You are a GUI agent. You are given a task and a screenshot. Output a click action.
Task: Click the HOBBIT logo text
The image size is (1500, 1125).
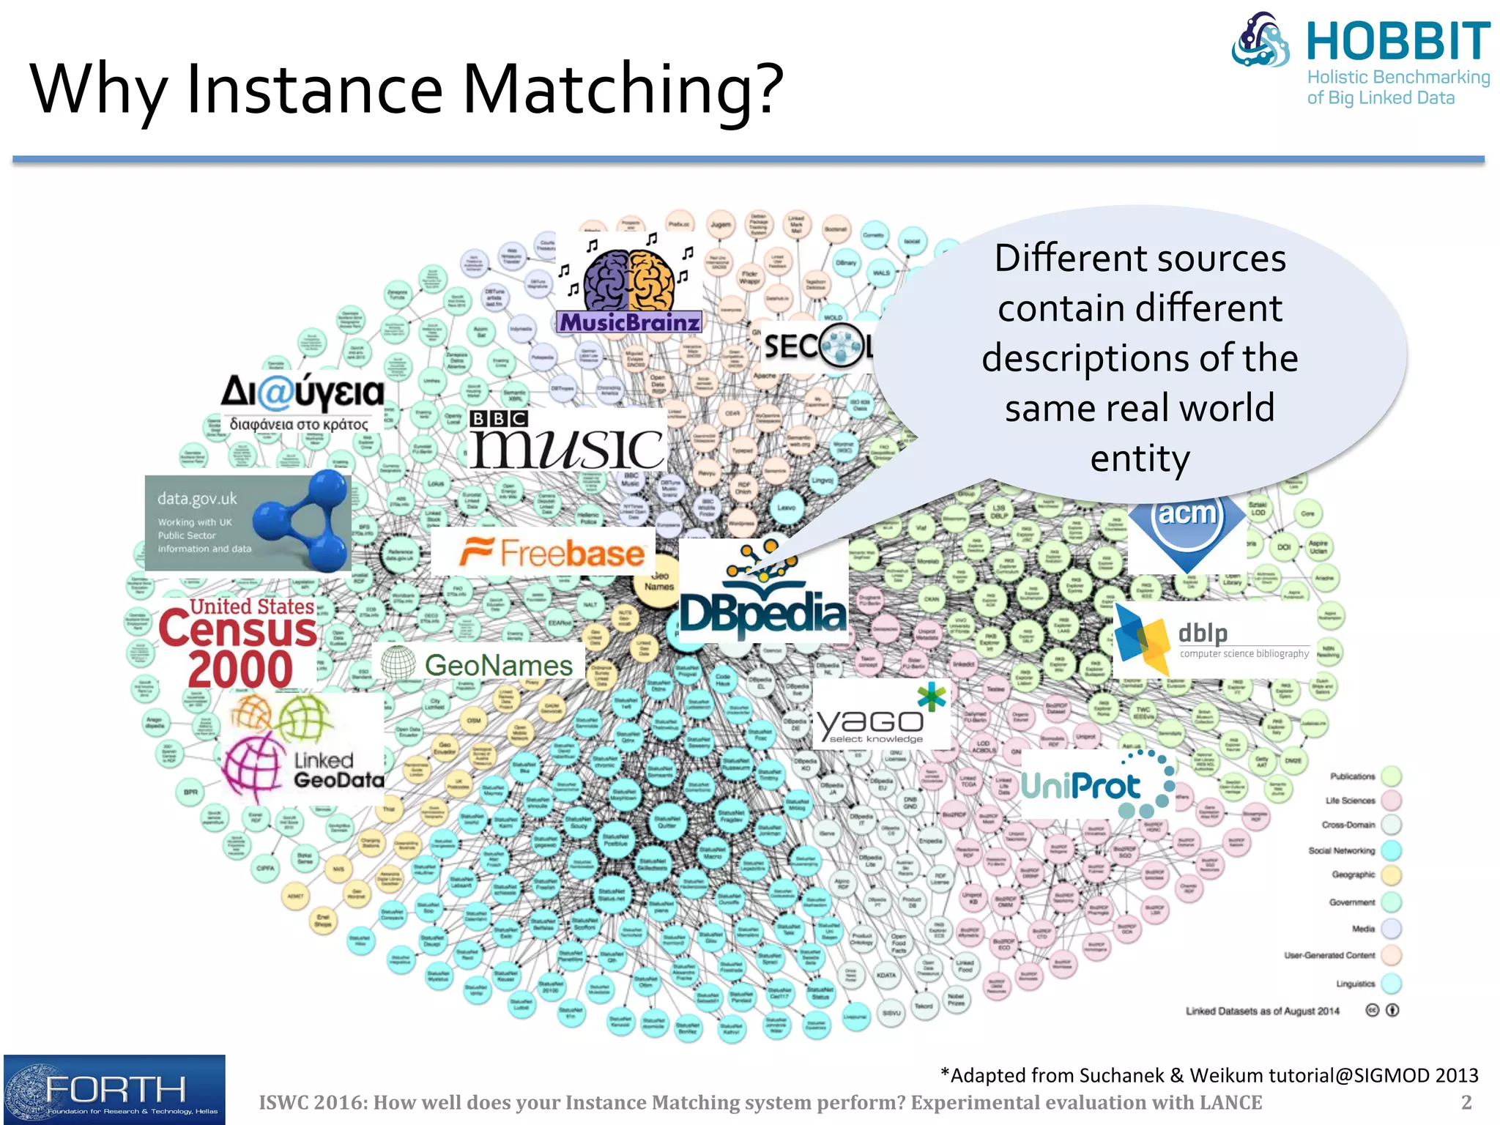pyautogui.click(x=1397, y=42)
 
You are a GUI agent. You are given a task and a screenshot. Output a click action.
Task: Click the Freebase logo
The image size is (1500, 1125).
pyautogui.click(x=552, y=552)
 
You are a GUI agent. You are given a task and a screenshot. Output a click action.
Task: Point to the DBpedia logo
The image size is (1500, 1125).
pyautogui.click(x=762, y=593)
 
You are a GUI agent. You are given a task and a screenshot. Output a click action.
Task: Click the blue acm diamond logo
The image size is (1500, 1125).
pyautogui.click(x=1187, y=520)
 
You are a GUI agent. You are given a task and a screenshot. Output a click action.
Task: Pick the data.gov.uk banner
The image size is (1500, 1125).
pyautogui.click(x=248, y=523)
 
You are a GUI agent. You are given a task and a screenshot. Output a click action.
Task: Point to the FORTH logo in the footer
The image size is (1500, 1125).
pyautogui.click(x=114, y=1090)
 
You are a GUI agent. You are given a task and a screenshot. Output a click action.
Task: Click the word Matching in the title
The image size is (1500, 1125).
pyautogui.click(x=623, y=89)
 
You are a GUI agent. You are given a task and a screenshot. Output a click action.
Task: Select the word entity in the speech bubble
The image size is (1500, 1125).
pyautogui.click(x=1140, y=459)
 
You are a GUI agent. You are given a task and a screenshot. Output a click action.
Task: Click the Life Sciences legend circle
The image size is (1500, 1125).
pyautogui.click(x=1390, y=800)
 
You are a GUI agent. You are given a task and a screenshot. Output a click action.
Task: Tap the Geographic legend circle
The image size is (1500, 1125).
pyautogui.click(x=1390, y=875)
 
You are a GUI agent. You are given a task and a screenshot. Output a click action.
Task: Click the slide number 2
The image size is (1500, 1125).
pyautogui.click(x=1466, y=1102)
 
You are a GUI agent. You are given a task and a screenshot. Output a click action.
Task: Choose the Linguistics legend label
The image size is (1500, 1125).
pyautogui.click(x=1355, y=984)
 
